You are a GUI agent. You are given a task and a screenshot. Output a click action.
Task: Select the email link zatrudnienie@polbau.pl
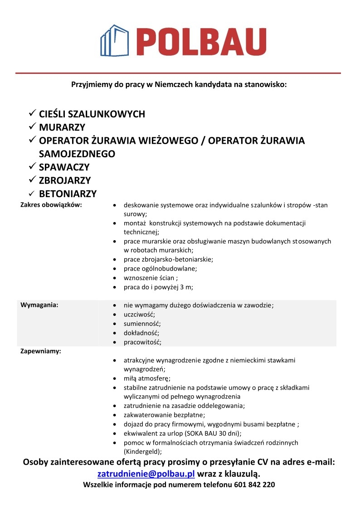[146, 474]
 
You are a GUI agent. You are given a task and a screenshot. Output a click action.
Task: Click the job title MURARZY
[62, 127]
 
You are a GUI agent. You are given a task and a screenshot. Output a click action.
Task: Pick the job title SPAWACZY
[64, 167]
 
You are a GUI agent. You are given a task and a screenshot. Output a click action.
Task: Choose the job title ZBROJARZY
[65, 180]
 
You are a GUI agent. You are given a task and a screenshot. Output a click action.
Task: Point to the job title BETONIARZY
[68, 194]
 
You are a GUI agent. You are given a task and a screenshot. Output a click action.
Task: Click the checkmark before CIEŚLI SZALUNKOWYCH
[32, 113]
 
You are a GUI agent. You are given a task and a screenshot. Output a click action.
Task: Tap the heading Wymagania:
[39, 305]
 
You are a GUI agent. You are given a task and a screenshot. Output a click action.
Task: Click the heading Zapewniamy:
[41, 351]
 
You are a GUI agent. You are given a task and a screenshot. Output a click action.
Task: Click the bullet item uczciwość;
[139, 315]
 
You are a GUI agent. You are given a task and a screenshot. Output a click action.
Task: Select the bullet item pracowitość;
[142, 342]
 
